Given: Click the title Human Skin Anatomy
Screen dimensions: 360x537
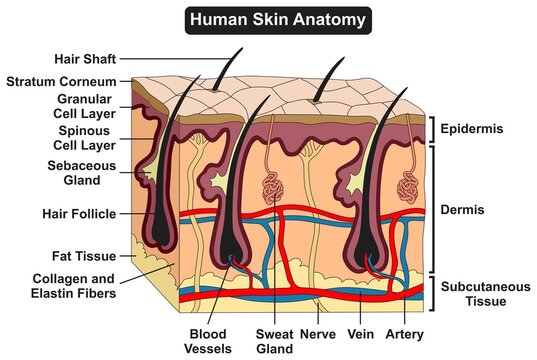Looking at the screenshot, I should click(x=268, y=19).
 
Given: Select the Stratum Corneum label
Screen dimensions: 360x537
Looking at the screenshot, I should click(x=61, y=81).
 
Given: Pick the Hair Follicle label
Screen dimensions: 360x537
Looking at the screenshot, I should click(x=77, y=213).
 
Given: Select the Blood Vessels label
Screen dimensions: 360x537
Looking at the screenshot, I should click(x=208, y=342).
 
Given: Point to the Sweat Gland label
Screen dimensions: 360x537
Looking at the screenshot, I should click(x=273, y=342).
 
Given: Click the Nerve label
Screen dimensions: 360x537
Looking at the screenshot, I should click(x=320, y=335).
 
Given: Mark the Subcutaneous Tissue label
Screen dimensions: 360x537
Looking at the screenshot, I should click(x=483, y=293).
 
